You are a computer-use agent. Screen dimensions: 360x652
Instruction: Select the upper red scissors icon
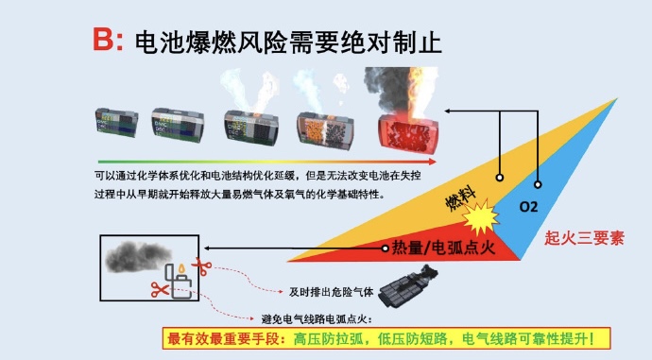pyautogui.click(x=200, y=265)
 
